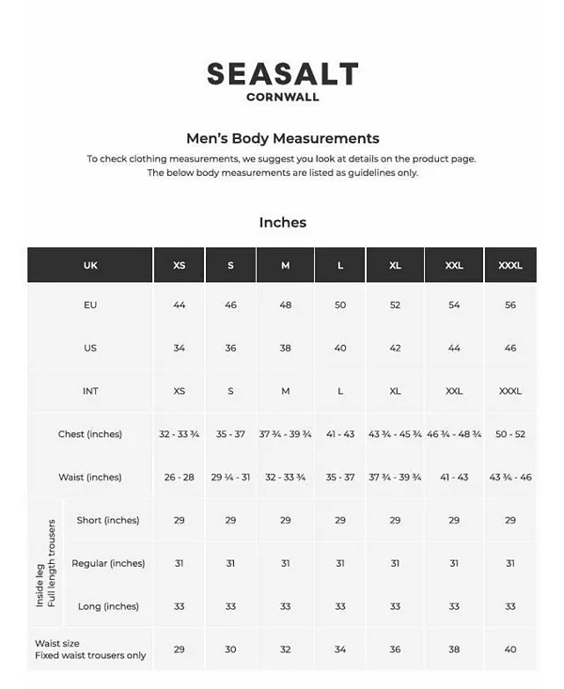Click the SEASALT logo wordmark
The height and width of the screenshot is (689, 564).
[x=282, y=73]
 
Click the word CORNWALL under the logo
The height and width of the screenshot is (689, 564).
[x=282, y=96]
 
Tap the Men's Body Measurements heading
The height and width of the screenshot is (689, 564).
[x=282, y=138]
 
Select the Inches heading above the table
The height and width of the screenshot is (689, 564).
[x=282, y=223]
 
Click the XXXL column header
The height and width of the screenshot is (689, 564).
[x=510, y=265]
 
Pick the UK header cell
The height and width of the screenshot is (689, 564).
[x=90, y=265]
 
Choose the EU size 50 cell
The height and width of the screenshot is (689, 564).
[x=340, y=305]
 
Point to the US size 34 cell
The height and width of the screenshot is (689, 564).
[x=179, y=348]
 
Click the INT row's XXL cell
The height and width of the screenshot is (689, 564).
[x=454, y=391]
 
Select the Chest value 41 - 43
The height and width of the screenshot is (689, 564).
[x=340, y=434]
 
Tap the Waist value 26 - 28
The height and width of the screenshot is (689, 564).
[x=179, y=478]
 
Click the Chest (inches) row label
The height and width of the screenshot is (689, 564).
[x=90, y=434]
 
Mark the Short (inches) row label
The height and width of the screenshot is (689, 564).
[x=108, y=520]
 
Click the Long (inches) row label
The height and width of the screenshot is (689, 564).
[x=108, y=606]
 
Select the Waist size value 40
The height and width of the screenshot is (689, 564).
[x=510, y=650]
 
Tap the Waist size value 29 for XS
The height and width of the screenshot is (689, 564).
[x=179, y=650]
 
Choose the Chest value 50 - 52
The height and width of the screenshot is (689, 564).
[x=510, y=434]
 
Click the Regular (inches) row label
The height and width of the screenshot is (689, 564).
[x=108, y=563]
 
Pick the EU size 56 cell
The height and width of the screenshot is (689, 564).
[x=510, y=305]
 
